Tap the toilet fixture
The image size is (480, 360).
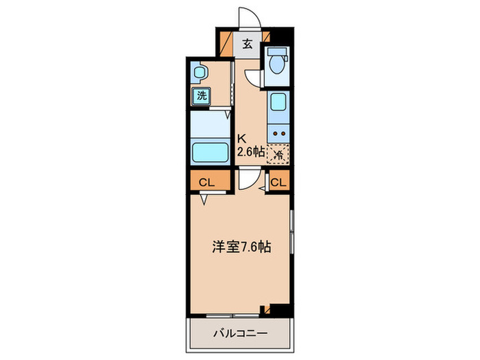(x=277, y=63)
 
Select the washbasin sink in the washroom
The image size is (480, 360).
(x=199, y=71)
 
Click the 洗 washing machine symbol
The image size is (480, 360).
(x=201, y=95)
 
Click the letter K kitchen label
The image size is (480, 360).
(x=241, y=136)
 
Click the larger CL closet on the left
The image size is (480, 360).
(x=207, y=182)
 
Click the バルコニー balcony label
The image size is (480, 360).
(x=239, y=334)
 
